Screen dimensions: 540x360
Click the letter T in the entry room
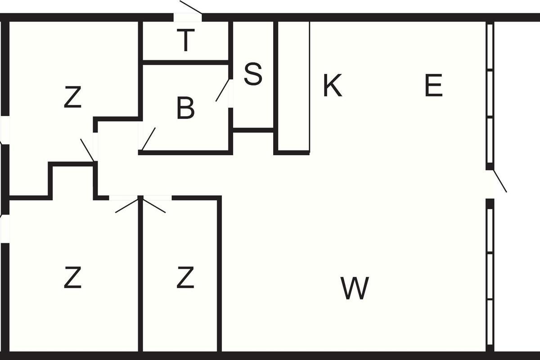click(185, 40)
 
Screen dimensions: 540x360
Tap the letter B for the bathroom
click(185, 108)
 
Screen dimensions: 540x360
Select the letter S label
click(253, 74)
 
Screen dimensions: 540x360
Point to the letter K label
click(333, 85)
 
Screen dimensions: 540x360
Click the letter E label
click(434, 85)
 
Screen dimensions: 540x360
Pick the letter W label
click(355, 288)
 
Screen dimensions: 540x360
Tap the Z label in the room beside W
click(185, 277)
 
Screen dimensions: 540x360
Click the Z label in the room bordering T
click(72, 97)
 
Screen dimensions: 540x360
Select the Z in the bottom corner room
click(72, 277)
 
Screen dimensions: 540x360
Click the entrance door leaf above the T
click(191, 7)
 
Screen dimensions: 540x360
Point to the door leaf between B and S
click(222, 90)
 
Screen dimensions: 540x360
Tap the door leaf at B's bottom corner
click(148, 139)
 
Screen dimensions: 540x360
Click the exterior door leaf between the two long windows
click(500, 181)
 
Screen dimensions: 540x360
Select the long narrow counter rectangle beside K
click(294, 86)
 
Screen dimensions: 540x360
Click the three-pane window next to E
click(490, 94)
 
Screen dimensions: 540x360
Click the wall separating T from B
click(185, 63)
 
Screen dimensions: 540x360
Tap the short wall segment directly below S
click(253, 130)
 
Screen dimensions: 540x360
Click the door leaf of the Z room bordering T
click(87, 150)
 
